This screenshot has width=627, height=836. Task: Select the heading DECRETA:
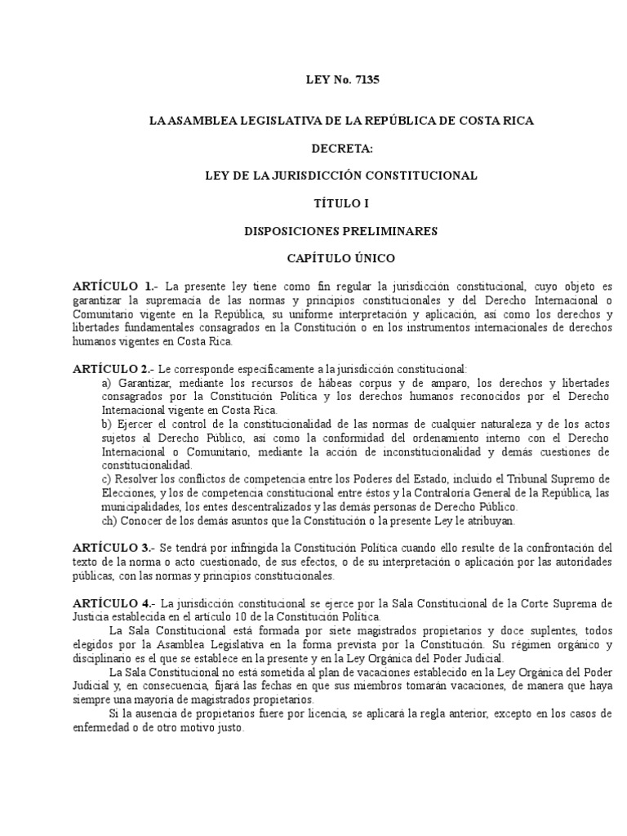click(x=341, y=149)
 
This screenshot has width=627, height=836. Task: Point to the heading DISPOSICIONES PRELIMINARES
click(x=340, y=231)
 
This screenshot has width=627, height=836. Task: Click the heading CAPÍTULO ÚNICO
click(x=340, y=259)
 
